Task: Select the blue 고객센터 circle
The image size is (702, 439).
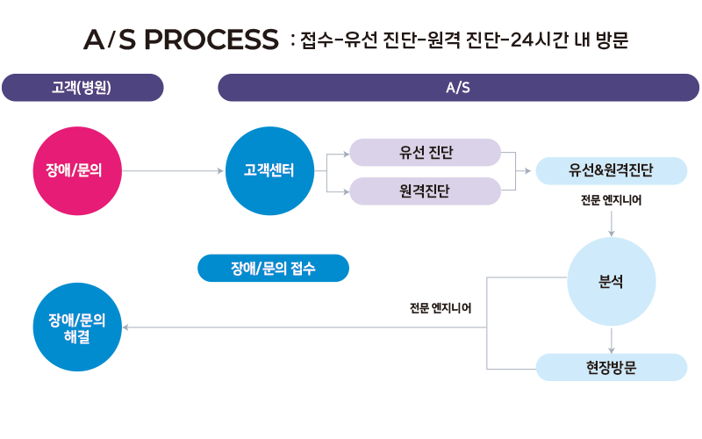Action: point(269,170)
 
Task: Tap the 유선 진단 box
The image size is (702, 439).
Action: point(425,153)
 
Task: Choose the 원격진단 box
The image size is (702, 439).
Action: point(425,191)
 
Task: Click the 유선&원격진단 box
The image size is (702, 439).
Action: point(611,171)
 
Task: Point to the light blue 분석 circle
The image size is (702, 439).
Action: point(611,282)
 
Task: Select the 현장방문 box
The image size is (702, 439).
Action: point(611,367)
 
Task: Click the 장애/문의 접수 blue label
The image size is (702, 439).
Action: point(273,269)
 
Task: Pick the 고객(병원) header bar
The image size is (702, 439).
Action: point(82,88)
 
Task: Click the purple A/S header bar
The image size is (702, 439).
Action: point(458,88)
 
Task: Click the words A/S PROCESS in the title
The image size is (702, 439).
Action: point(180,40)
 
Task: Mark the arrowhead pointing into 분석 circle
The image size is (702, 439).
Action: point(611,233)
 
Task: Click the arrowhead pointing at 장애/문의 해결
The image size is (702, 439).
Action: point(126,327)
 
